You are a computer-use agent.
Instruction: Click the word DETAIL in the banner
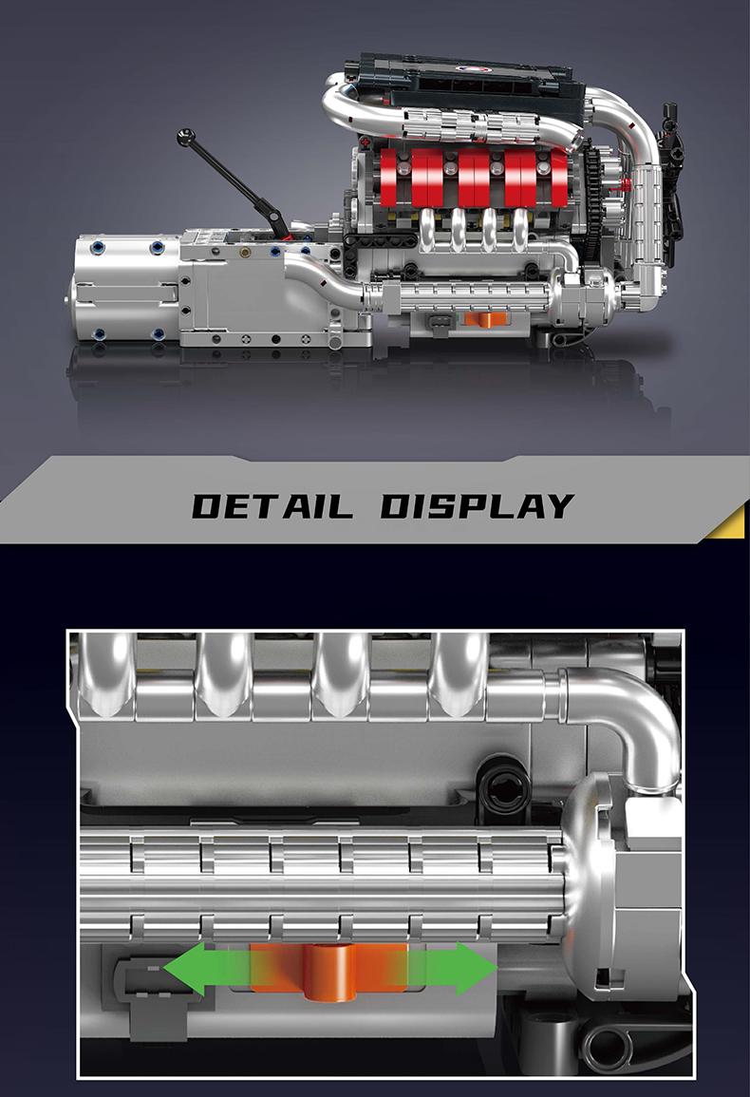pos(272,506)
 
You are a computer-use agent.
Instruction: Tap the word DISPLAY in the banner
pos(478,506)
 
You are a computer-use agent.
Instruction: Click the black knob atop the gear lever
pos(185,137)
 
